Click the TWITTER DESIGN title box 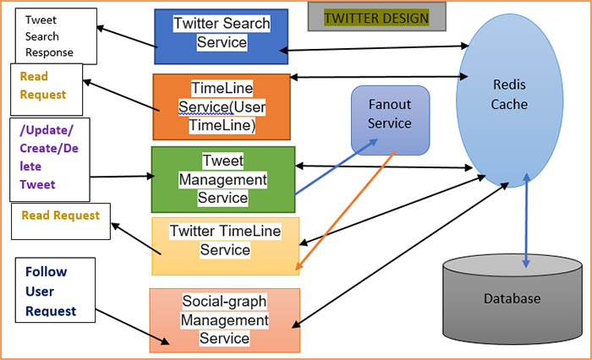[x=376, y=18]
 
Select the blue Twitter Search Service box [x=222, y=37]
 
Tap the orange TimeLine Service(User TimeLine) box [x=222, y=106]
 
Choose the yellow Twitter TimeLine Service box [x=225, y=245]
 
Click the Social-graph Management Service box [x=225, y=319]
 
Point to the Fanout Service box [x=390, y=120]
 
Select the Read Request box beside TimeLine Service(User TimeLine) [x=47, y=87]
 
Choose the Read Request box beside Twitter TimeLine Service [x=60, y=219]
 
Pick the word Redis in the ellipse [x=510, y=85]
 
